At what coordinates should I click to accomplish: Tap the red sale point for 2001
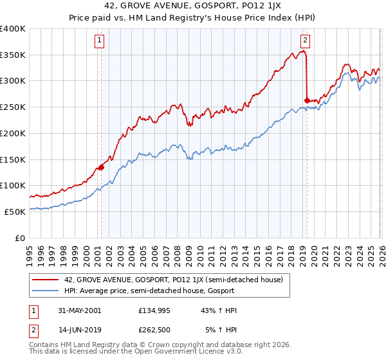click(x=101, y=168)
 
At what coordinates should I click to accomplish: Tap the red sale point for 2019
click(x=306, y=100)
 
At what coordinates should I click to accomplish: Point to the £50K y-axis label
click(x=15, y=212)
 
